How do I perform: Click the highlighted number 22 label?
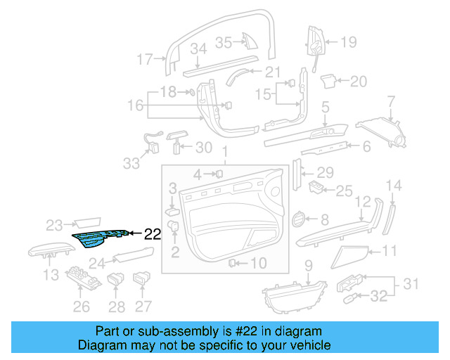click(x=153, y=234)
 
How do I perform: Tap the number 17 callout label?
click(x=144, y=59)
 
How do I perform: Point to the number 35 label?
click(x=223, y=42)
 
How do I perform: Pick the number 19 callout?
click(x=349, y=42)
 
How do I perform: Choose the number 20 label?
click(x=359, y=82)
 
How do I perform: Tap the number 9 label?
click(x=308, y=265)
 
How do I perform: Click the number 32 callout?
click(x=379, y=297)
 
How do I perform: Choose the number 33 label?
click(x=131, y=163)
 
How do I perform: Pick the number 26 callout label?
click(x=82, y=306)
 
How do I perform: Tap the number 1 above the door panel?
click(x=225, y=152)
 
